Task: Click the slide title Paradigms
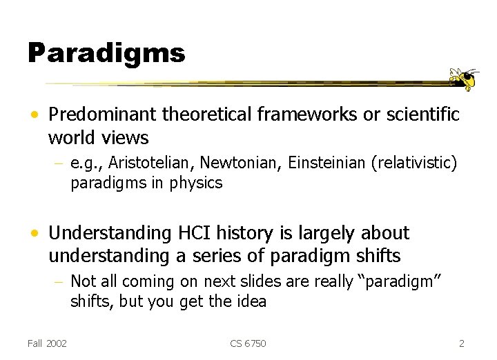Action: coord(106,52)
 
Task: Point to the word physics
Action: coord(198,183)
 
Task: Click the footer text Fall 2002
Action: coord(47,343)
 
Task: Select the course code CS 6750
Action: coord(248,343)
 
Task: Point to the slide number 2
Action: coord(462,343)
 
